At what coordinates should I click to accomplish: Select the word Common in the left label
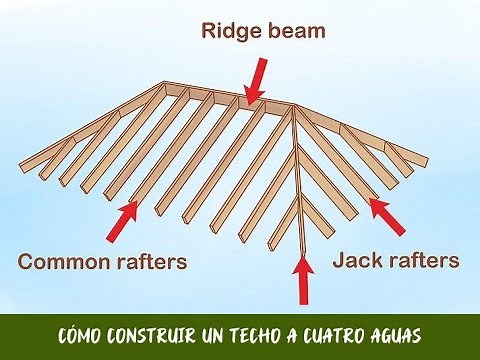point(63,263)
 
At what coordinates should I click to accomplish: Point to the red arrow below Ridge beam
point(256,79)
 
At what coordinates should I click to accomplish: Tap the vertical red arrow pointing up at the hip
point(301,279)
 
